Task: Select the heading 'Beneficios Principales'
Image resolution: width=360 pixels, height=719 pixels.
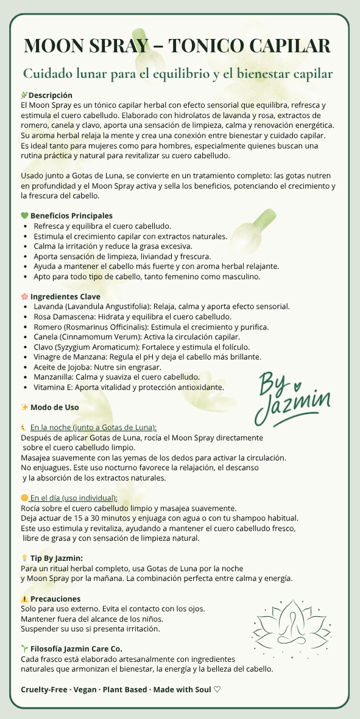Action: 71,216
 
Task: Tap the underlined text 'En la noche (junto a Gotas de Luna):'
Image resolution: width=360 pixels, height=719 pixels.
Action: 93,427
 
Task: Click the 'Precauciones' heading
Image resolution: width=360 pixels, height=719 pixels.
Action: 55,599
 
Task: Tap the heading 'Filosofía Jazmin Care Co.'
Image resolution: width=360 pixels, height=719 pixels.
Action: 76,649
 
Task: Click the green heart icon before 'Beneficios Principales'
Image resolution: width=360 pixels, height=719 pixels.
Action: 24,216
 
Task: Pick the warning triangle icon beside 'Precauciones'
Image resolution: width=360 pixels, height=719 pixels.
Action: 24,599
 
